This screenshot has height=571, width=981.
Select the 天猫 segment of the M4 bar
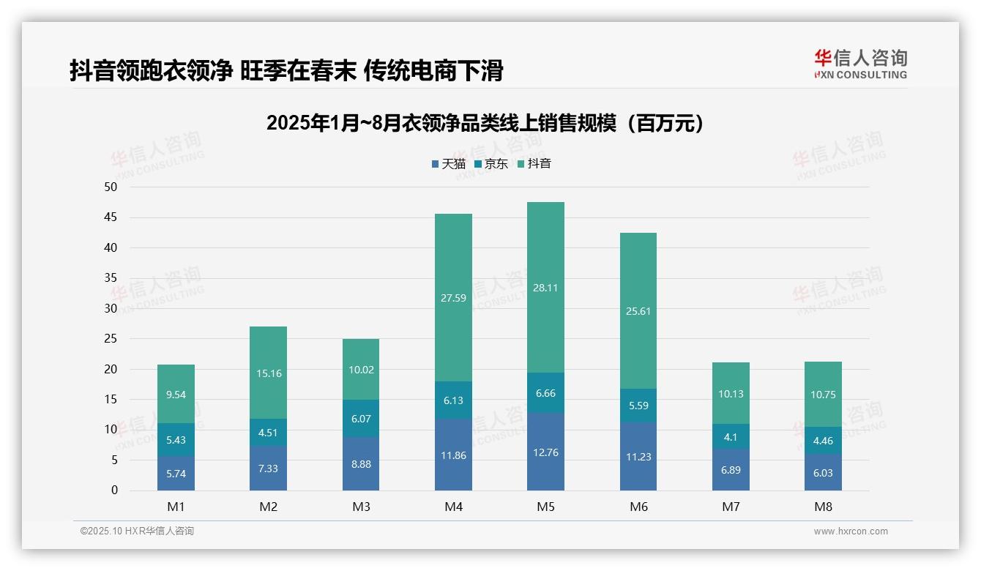point(453,455)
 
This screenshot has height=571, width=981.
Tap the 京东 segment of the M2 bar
point(268,432)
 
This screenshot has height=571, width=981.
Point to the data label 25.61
point(638,311)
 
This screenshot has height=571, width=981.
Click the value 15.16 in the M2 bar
point(268,373)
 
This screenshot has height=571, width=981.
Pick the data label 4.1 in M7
point(731,437)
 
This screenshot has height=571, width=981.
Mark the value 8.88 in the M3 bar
point(361,463)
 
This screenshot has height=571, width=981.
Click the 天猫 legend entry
point(448,164)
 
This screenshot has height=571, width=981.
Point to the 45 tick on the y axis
point(111,217)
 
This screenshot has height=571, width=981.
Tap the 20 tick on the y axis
point(111,369)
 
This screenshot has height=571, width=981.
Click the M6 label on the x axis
point(638,507)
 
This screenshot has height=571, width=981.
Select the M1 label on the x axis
point(176,507)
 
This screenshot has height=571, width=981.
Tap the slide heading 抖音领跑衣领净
point(286,71)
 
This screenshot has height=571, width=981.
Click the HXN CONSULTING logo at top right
point(860,64)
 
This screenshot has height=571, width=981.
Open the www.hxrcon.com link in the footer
point(851,531)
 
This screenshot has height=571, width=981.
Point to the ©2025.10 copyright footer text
point(137,531)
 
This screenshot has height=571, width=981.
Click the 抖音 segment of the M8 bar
point(823,395)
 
